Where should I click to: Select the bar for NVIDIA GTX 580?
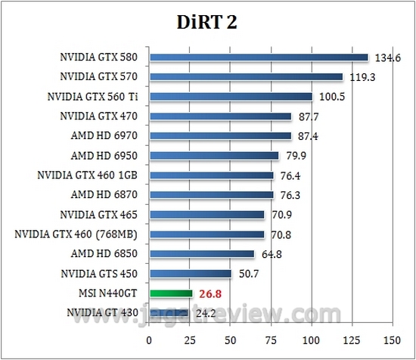259,57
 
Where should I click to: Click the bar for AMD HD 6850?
202,254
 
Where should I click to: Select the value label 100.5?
329,97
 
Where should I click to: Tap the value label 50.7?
249,274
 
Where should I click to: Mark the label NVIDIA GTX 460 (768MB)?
80,234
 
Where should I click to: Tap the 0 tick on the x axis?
150,339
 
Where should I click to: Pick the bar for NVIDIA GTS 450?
191,274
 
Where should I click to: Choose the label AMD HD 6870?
107,195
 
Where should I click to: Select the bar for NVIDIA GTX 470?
221,116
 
